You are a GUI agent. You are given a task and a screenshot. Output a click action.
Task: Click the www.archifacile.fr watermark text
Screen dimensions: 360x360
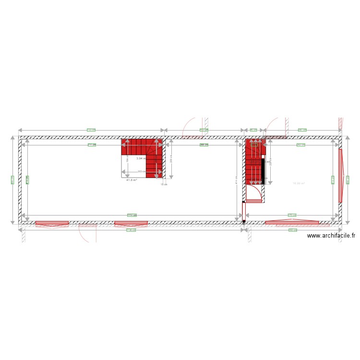[331, 235]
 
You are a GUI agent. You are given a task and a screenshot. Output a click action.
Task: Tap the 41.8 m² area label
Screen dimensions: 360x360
[132, 180]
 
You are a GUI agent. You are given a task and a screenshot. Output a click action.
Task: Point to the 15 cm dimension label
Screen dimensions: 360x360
[164, 184]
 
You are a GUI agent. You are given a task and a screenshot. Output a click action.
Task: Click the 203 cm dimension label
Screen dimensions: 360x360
[142, 171]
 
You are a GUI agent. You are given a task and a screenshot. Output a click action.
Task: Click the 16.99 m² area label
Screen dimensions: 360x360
[299, 183]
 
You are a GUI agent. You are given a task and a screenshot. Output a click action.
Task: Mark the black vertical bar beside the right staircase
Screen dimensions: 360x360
[264, 170]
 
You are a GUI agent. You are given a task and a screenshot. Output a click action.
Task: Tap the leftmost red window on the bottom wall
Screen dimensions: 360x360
[52, 223]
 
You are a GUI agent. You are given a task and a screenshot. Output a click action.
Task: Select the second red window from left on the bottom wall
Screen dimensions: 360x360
[131, 223]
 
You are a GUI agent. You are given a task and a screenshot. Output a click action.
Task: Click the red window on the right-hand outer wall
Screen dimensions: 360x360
[340, 176]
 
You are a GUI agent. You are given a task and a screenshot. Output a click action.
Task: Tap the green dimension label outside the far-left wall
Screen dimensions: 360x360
[12, 180]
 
